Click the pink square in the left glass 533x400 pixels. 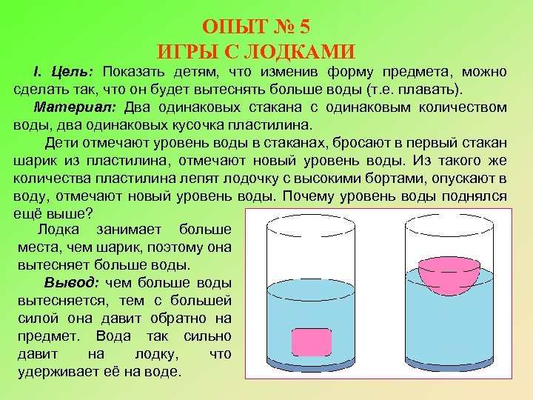pos(312,341)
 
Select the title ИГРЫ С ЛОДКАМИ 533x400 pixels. pos(257,52)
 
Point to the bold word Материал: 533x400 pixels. pos(78,107)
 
